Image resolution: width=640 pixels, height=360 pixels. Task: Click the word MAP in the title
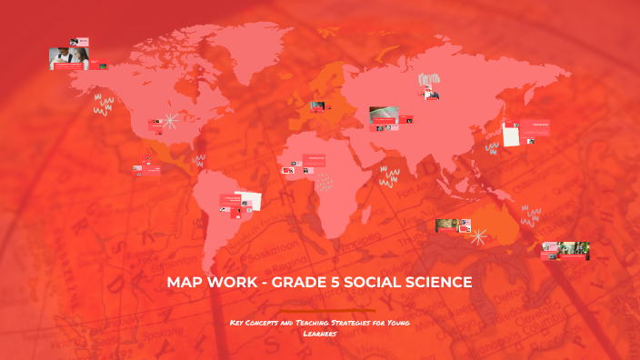pos(185,283)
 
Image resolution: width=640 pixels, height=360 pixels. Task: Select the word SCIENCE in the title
pos(437,283)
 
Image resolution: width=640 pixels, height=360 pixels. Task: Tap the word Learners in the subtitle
pos(320,333)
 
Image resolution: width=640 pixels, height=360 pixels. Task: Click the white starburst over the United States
pos(169,122)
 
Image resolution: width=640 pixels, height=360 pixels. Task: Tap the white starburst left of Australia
pos(479,236)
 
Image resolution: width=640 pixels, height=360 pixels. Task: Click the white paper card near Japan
pos(512,135)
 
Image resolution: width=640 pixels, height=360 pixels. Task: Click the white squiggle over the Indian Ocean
pos(390,174)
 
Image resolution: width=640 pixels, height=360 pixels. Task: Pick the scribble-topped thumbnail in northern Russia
pos(428,86)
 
